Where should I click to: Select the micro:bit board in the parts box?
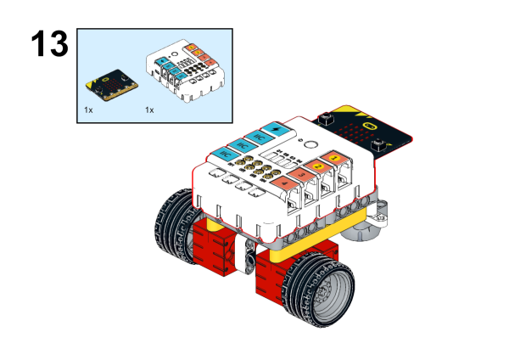click(109, 84)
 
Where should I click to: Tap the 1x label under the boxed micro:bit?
click(88, 110)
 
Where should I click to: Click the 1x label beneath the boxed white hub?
click(149, 110)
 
